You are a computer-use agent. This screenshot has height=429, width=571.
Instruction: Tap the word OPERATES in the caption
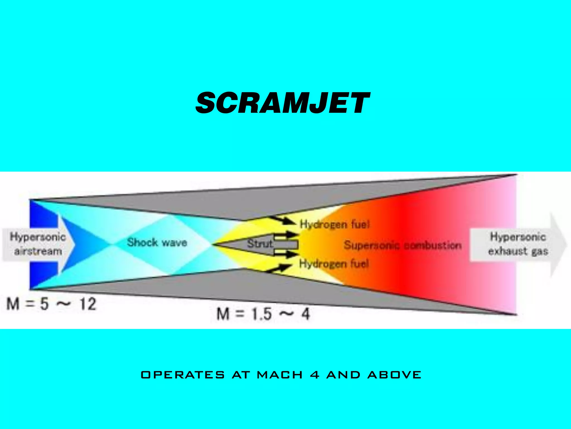183,375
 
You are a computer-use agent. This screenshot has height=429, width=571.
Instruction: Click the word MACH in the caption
280,375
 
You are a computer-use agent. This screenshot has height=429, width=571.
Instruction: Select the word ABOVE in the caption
394,375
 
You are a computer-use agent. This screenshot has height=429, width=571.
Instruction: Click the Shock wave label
157,242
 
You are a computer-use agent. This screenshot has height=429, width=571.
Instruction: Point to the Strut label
260,244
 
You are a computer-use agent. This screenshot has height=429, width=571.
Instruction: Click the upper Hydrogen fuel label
334,224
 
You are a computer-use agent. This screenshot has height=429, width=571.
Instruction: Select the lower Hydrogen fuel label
334,263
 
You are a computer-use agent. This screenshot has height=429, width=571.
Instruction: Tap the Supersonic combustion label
402,245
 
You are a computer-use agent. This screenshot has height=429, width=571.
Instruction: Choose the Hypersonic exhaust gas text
518,244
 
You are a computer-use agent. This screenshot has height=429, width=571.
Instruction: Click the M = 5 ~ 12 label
52,304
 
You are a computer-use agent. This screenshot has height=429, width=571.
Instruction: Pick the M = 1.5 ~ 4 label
263,314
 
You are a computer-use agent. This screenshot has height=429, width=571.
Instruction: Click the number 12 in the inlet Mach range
88,304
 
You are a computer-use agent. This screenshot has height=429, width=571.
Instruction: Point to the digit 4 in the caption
314,375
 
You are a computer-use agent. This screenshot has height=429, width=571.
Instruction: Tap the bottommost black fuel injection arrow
278,268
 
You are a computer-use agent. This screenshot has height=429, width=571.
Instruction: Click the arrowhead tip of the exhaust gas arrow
566,245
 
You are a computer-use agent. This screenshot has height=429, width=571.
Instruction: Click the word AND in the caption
343,375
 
